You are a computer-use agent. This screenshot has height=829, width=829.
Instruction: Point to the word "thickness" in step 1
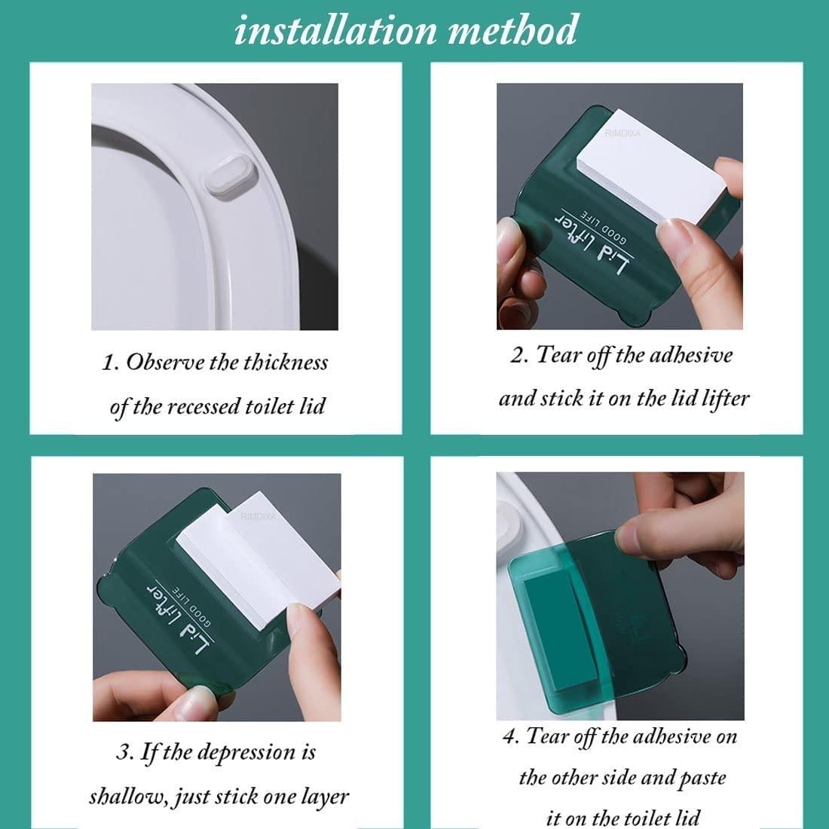point(286,362)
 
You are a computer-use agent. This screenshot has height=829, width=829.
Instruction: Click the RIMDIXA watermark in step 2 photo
point(623,133)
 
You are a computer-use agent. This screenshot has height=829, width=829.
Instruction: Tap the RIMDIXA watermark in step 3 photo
point(258,516)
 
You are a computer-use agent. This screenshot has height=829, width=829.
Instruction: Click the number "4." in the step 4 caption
point(511,737)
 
